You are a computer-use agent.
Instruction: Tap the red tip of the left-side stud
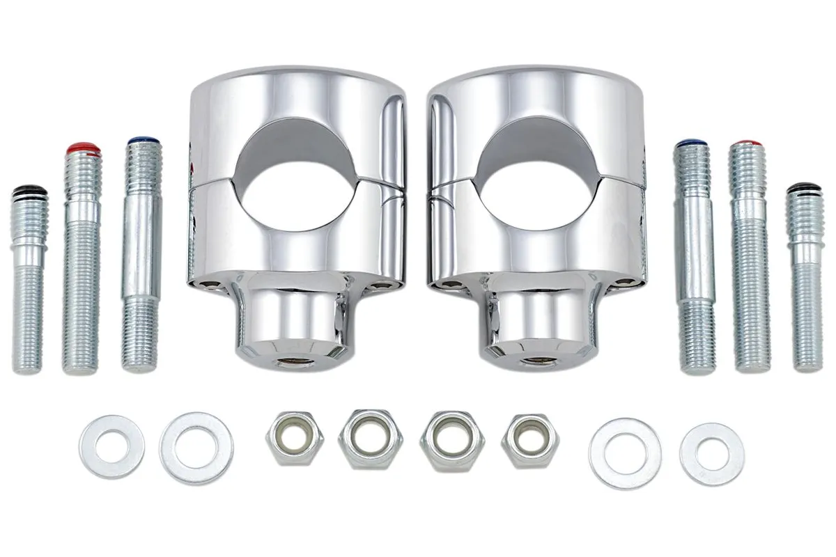click(83, 149)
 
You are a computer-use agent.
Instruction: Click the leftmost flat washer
click(111, 446)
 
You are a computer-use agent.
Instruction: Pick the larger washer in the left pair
click(196, 448)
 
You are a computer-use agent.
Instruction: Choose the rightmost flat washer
click(711, 453)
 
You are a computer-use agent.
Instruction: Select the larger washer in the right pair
click(625, 453)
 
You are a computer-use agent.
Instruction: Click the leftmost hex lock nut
click(294, 438)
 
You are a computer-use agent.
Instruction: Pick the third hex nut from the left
click(453, 439)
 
